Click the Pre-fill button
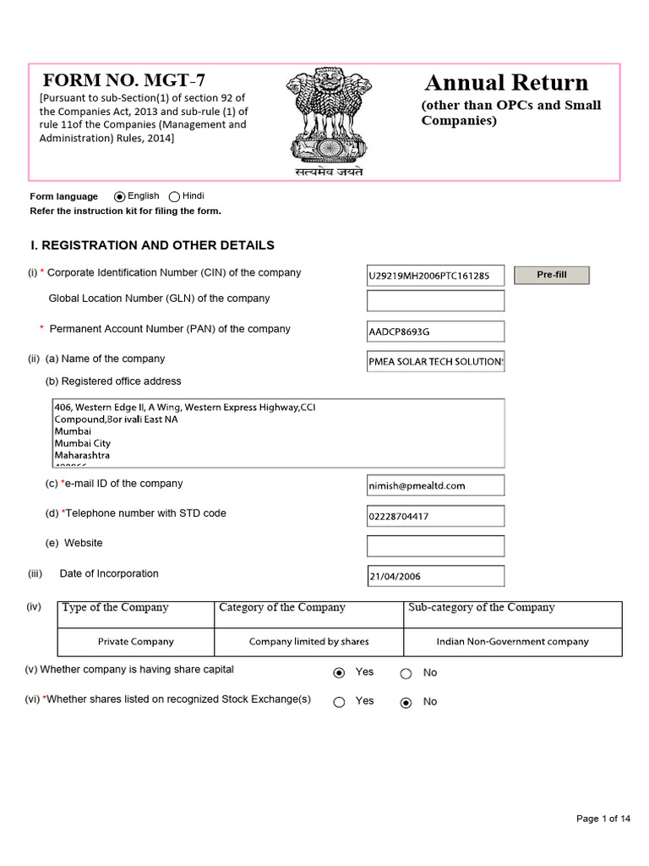point(551,275)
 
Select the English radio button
point(119,196)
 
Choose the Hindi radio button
point(174,196)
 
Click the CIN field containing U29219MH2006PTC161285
point(435,276)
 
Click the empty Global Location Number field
point(435,300)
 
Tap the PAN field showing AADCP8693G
point(435,332)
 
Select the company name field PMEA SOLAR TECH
point(435,361)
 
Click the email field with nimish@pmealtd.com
point(435,485)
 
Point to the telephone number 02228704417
point(435,516)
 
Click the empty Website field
point(435,545)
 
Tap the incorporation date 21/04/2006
point(435,577)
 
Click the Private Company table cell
point(136,642)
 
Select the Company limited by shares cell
point(308,642)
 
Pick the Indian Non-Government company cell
point(512,642)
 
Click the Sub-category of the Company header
point(481,608)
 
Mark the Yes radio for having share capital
point(339,673)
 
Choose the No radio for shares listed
point(406,702)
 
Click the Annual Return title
point(506,83)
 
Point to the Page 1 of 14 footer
point(603,819)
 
